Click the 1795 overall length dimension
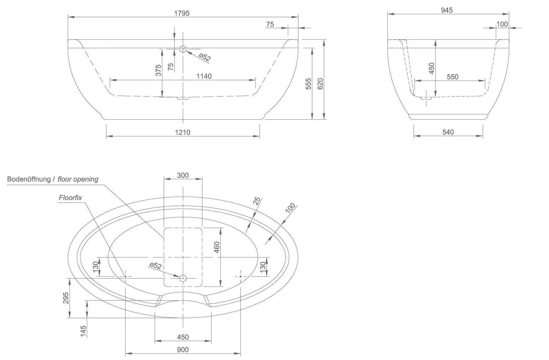coord(182,13)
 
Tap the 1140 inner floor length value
coord(204,76)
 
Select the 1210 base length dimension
coord(182,132)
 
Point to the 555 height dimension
coord(309,84)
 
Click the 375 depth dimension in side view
coord(158,70)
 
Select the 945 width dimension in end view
coord(447,10)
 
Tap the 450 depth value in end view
coord(432,68)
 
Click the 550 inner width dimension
coord(453,77)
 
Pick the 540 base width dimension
coord(448,132)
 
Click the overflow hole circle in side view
coord(183,49)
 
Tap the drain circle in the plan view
coord(183,278)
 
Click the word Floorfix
coord(70,198)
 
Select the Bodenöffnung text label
coord(29,179)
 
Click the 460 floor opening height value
coord(217,247)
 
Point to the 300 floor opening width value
coord(183,175)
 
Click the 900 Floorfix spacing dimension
coord(183,349)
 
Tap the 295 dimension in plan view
coord(66,298)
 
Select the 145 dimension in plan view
coord(83,331)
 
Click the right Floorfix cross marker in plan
coord(240,276)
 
